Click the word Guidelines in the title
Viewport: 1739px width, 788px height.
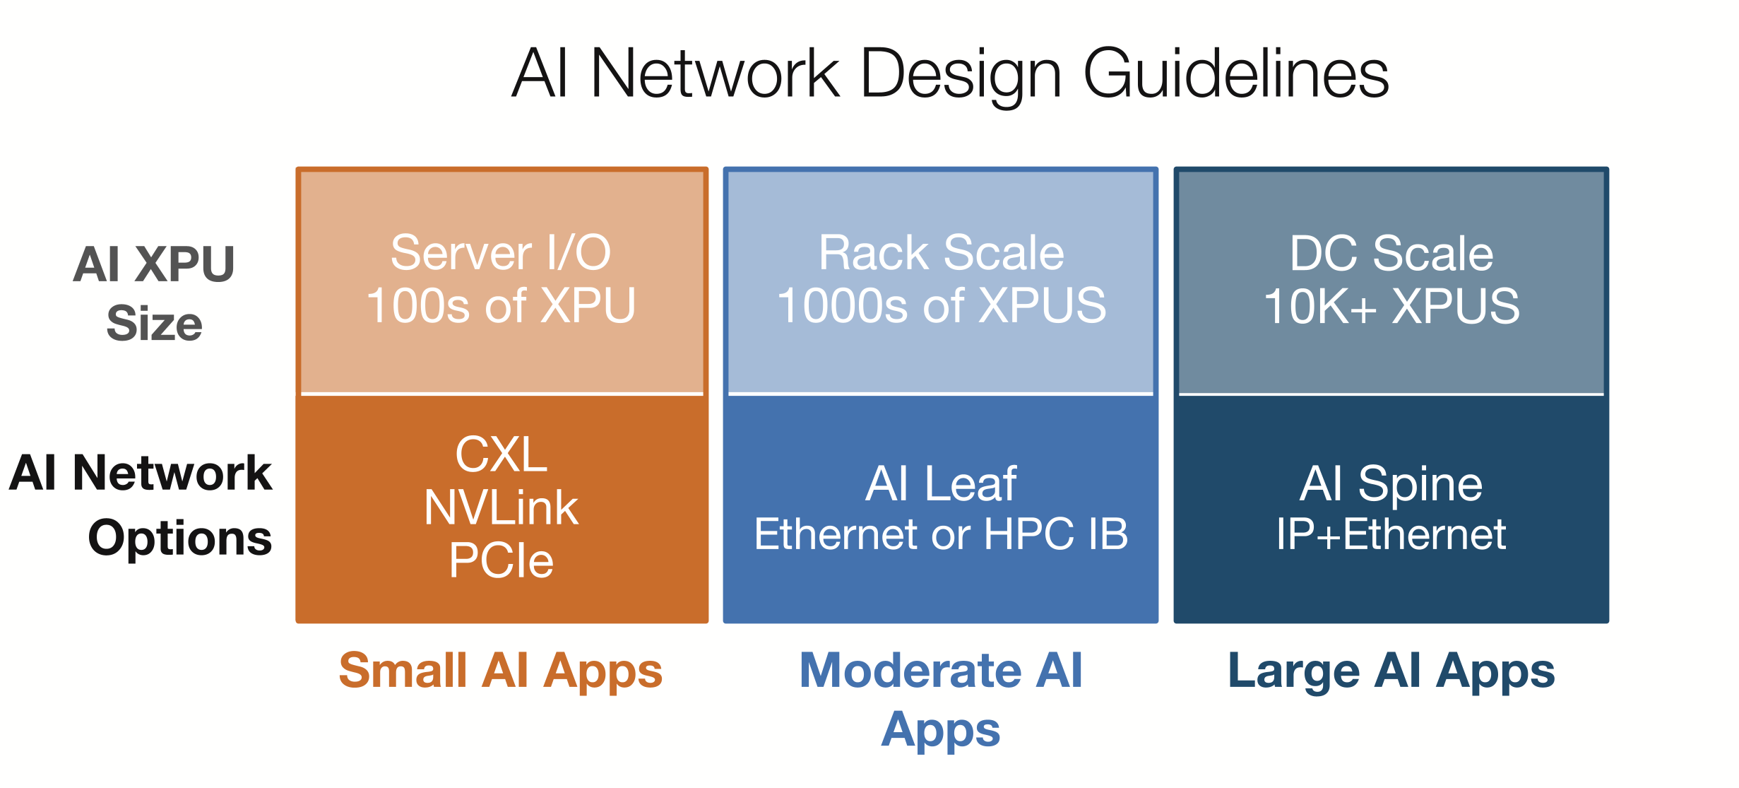(1235, 74)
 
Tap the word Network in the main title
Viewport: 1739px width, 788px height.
(715, 74)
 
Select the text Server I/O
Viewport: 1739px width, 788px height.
(501, 252)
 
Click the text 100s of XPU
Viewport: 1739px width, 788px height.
(501, 305)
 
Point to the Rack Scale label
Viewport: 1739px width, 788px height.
(941, 252)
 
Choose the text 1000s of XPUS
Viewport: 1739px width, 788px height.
(941, 305)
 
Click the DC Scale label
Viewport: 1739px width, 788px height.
(1391, 253)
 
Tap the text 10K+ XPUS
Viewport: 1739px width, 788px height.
(1391, 306)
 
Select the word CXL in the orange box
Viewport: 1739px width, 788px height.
(501, 454)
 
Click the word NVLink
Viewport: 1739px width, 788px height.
(501, 507)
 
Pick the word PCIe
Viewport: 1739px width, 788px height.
(501, 560)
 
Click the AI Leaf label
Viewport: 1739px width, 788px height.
(941, 484)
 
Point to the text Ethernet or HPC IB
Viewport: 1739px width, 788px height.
(941, 534)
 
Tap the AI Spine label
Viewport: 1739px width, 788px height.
(1391, 484)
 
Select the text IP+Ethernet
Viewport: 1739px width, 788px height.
(1391, 534)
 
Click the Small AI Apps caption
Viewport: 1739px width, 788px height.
(501, 670)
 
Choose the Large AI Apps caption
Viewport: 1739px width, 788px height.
(1391, 670)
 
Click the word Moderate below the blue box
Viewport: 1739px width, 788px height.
(910, 670)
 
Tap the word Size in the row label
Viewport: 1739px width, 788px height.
(154, 324)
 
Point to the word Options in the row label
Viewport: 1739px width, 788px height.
(180, 539)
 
